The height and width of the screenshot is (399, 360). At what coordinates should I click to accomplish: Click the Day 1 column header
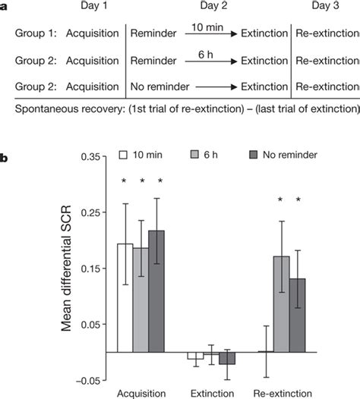tap(91, 8)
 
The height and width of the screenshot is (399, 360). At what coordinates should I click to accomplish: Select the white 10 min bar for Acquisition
tap(125, 297)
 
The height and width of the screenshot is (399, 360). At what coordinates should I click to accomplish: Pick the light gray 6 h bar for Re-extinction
tap(282, 303)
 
